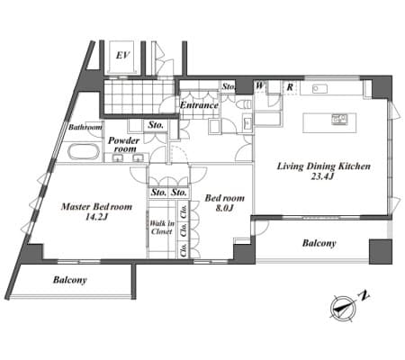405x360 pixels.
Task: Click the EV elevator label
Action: click(x=123, y=56)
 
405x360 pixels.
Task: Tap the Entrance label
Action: click(x=199, y=105)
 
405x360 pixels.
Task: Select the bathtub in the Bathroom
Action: click(x=84, y=152)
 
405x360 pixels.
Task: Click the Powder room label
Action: click(x=123, y=145)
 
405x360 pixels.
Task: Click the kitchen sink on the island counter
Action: click(x=339, y=119)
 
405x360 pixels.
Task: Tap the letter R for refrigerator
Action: click(x=290, y=87)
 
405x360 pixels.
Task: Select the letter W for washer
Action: click(x=260, y=85)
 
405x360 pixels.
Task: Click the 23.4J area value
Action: click(x=322, y=176)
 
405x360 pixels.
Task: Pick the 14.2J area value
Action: click(x=96, y=217)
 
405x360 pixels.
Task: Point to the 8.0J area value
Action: click(x=225, y=208)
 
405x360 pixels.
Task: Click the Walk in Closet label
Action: click(x=162, y=228)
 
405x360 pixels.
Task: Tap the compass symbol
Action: click(x=343, y=308)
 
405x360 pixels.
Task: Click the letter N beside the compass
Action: click(x=364, y=295)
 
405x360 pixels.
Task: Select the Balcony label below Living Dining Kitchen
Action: click(x=319, y=243)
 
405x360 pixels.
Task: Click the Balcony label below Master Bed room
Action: click(x=70, y=280)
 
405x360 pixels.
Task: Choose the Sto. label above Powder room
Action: click(x=156, y=125)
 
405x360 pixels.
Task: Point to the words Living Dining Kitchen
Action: click(x=323, y=166)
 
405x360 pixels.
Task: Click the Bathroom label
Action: click(x=85, y=127)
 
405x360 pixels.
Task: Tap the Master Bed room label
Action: click(x=96, y=207)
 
